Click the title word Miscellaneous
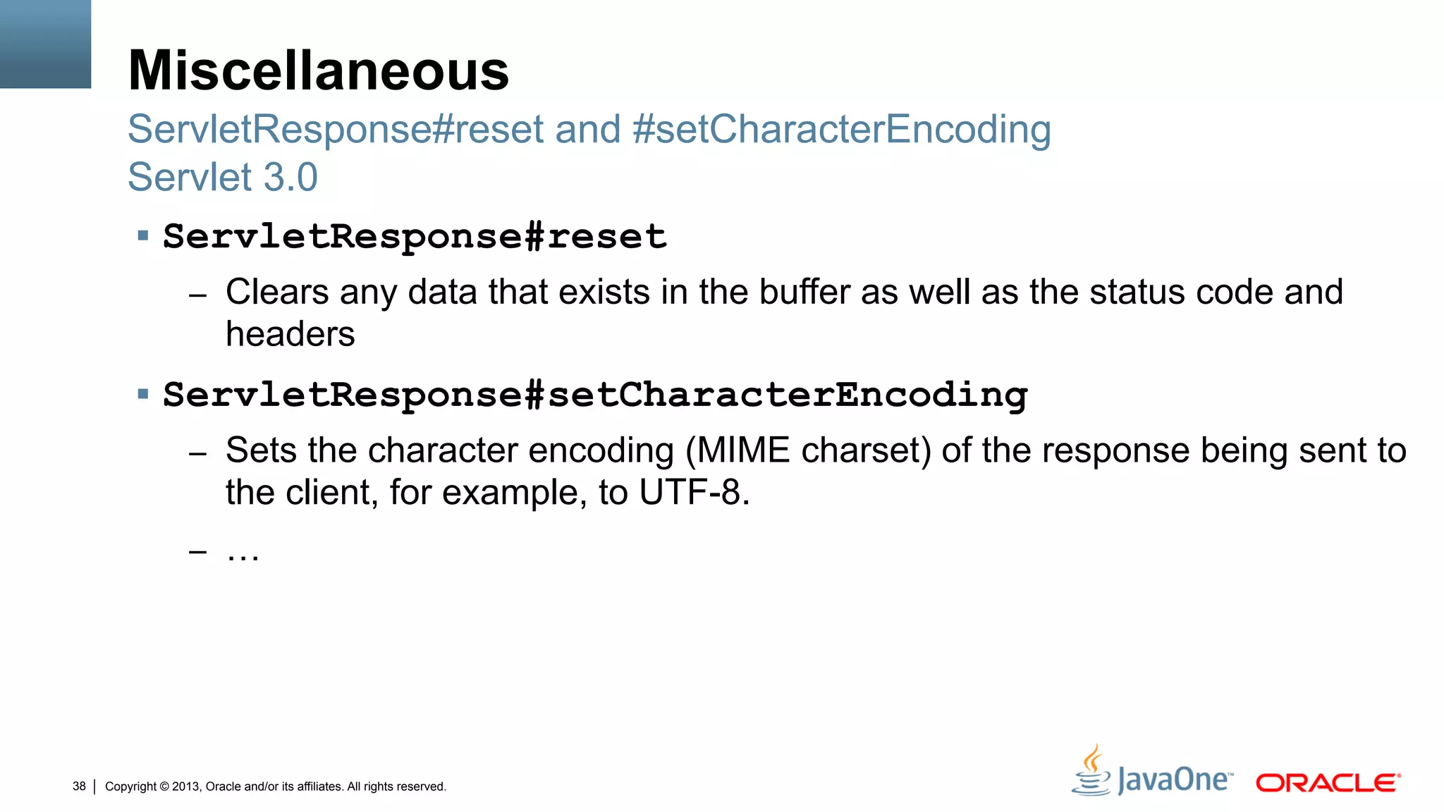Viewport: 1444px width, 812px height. coord(318,70)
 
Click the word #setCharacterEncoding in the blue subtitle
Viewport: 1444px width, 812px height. coord(841,130)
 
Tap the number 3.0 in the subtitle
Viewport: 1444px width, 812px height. coord(290,177)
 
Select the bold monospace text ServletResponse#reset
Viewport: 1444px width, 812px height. coord(415,237)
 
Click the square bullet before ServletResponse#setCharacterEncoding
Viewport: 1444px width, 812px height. coord(143,393)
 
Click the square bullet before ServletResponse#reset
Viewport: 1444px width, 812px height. coord(143,235)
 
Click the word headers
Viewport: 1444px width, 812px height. coord(290,334)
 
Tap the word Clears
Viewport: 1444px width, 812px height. coord(277,292)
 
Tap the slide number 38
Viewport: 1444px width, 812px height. coord(79,786)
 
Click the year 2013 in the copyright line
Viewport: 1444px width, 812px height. coord(186,787)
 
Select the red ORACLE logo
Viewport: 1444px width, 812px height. coord(1327,783)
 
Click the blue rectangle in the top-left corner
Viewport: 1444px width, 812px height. coord(45,44)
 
